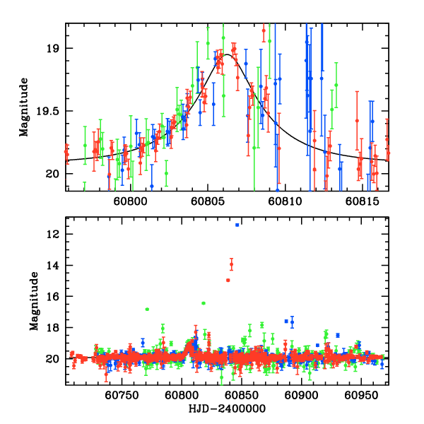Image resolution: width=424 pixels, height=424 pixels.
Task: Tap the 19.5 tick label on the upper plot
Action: pyautogui.click(x=47, y=111)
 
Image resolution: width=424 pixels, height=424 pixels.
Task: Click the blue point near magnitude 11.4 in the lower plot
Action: pyautogui.click(x=237, y=225)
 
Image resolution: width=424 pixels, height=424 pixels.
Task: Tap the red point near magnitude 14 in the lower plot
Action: pyautogui.click(x=231, y=264)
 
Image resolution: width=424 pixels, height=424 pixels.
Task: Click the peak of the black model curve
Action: pyautogui.click(x=228, y=54)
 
